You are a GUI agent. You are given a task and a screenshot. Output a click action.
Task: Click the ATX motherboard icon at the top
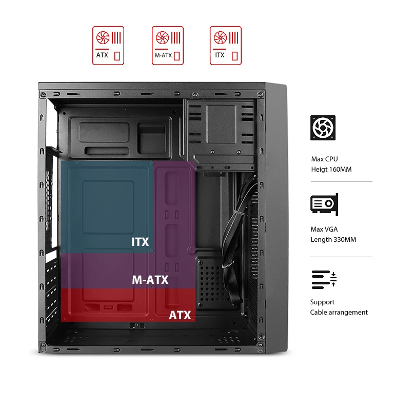108,46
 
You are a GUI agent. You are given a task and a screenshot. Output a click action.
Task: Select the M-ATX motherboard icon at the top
168,46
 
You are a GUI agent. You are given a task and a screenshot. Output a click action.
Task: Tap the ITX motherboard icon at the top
226,46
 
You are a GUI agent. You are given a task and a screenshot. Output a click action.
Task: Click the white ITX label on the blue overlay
140,241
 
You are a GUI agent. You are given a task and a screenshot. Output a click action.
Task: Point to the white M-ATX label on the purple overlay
150,280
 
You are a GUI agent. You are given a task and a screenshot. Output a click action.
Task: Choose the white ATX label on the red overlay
180,315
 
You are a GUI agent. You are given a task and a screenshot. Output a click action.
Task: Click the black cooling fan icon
323,128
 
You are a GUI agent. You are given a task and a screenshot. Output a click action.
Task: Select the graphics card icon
324,204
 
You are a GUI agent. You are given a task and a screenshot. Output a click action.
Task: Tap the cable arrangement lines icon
324,279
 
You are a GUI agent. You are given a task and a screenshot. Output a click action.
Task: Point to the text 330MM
343,239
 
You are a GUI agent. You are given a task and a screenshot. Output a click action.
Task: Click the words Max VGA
324,229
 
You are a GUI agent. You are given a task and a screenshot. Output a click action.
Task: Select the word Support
322,302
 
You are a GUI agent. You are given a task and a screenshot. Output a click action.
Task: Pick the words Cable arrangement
339,312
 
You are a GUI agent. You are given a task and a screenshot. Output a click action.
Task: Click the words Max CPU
325,159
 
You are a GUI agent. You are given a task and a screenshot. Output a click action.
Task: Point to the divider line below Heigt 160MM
341,181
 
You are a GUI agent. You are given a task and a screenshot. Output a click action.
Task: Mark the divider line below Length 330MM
341,257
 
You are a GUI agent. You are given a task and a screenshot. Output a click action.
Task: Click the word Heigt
319,169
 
